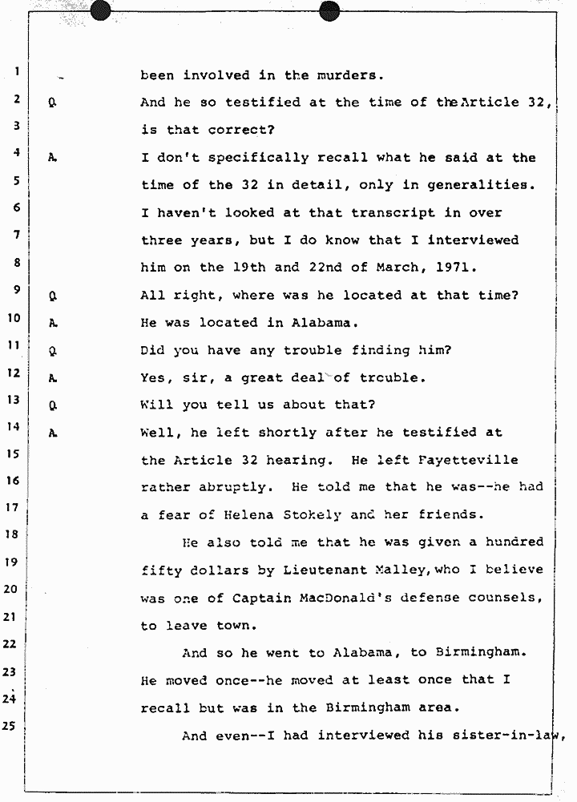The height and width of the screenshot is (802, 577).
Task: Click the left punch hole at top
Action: click(x=101, y=10)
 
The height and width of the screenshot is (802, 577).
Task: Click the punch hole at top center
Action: click(x=329, y=10)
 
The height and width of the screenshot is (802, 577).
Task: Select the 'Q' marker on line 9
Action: click(x=50, y=296)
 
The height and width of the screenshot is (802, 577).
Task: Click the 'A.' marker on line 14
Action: click(x=51, y=433)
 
